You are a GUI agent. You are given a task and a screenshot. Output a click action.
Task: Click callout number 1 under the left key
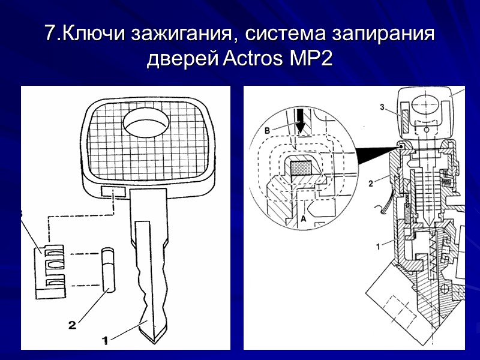(105, 340)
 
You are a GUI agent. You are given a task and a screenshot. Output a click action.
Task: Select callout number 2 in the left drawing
(72, 325)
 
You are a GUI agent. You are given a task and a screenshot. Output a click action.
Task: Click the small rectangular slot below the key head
(113, 191)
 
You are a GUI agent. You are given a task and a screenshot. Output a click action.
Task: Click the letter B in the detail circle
(268, 128)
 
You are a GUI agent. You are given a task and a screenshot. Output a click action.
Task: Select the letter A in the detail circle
(304, 220)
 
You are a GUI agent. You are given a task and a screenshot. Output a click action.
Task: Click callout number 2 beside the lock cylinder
(371, 184)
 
